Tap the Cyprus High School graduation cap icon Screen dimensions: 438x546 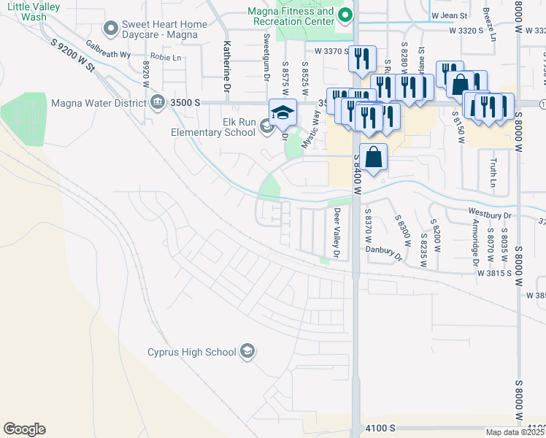(247, 352)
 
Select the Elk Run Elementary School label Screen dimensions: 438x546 (212, 127)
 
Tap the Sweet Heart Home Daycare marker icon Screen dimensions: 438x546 (111, 29)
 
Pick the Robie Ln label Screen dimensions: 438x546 (165, 56)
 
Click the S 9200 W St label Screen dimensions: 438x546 (75, 55)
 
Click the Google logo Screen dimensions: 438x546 (24, 429)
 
